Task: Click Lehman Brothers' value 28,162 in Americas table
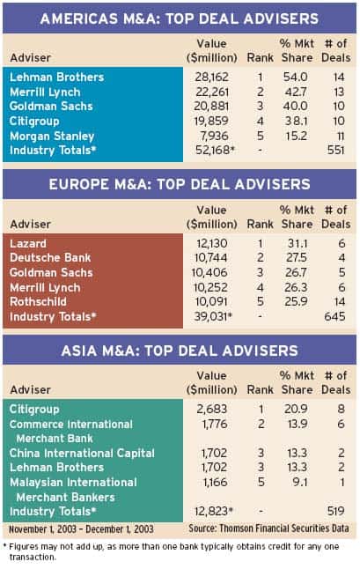tap(212, 77)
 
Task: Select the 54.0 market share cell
tap(296, 77)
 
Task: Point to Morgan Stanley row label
tap(52, 136)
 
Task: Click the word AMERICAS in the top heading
tap(79, 18)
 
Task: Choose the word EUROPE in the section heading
tap(80, 184)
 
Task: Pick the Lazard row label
tap(28, 243)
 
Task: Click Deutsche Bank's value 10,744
tap(211, 258)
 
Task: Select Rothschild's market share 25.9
tap(296, 301)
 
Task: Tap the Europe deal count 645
tap(334, 316)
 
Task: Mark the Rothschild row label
tap(38, 301)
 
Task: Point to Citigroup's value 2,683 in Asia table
tap(212, 409)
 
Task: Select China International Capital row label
tap(82, 453)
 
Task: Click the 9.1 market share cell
tap(300, 482)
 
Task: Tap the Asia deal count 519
tap(335, 511)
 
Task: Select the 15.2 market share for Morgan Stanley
tap(296, 136)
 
